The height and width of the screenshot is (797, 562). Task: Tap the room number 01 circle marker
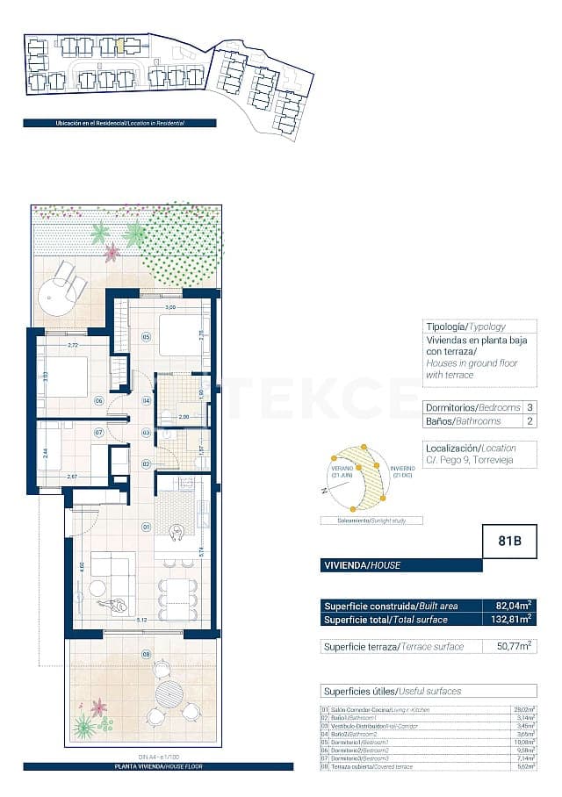(x=148, y=527)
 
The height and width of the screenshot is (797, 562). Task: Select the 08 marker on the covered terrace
(x=147, y=653)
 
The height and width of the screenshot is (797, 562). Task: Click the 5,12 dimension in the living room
(x=142, y=618)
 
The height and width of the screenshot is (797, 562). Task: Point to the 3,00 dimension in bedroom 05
(x=172, y=308)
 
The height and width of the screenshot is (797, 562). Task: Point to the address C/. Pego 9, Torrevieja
(x=468, y=460)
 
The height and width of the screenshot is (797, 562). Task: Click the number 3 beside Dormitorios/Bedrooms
(x=530, y=407)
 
